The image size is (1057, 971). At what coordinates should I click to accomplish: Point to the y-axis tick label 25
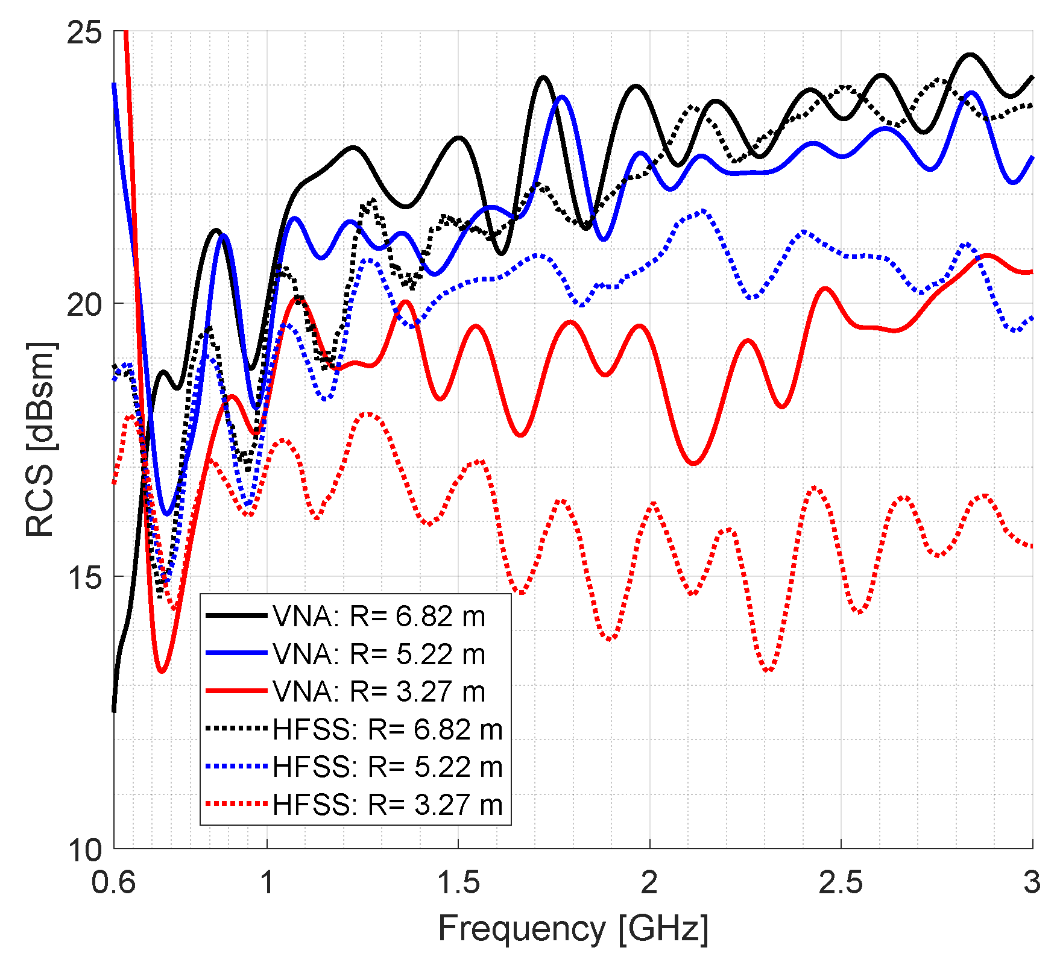[x=84, y=33]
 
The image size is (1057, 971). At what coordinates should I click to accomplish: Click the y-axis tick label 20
[x=84, y=305]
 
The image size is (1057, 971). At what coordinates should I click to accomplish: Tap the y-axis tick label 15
[x=84, y=577]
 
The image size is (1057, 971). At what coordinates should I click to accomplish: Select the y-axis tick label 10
[x=84, y=850]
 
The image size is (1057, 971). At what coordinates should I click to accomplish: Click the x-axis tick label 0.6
[x=114, y=882]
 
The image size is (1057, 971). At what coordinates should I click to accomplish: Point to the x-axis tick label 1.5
[x=458, y=882]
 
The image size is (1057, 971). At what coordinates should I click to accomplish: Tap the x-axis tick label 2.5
[x=841, y=882]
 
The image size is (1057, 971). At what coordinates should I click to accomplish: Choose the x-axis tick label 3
[x=1032, y=882]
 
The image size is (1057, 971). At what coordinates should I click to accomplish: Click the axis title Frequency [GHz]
[x=573, y=928]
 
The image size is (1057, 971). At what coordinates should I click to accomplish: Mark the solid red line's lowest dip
[x=162, y=671]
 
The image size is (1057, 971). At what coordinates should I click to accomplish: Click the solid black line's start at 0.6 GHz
[x=114, y=711]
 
